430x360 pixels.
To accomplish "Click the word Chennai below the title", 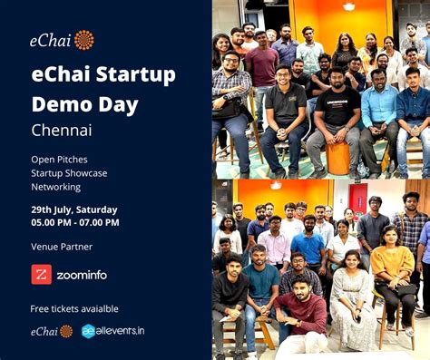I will point(62,130).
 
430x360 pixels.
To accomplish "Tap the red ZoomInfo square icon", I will point(42,274).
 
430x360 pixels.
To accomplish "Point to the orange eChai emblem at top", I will point(83,39).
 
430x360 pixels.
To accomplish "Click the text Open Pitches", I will point(59,159).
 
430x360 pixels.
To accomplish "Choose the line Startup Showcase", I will point(69,172).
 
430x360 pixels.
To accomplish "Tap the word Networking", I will point(55,187).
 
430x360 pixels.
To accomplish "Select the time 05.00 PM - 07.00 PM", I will point(75,222).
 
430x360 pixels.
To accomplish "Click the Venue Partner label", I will point(62,246).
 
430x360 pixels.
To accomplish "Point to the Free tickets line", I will point(74,308).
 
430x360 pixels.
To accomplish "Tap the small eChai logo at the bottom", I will point(51,331).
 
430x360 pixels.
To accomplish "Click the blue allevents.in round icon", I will point(88,331).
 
